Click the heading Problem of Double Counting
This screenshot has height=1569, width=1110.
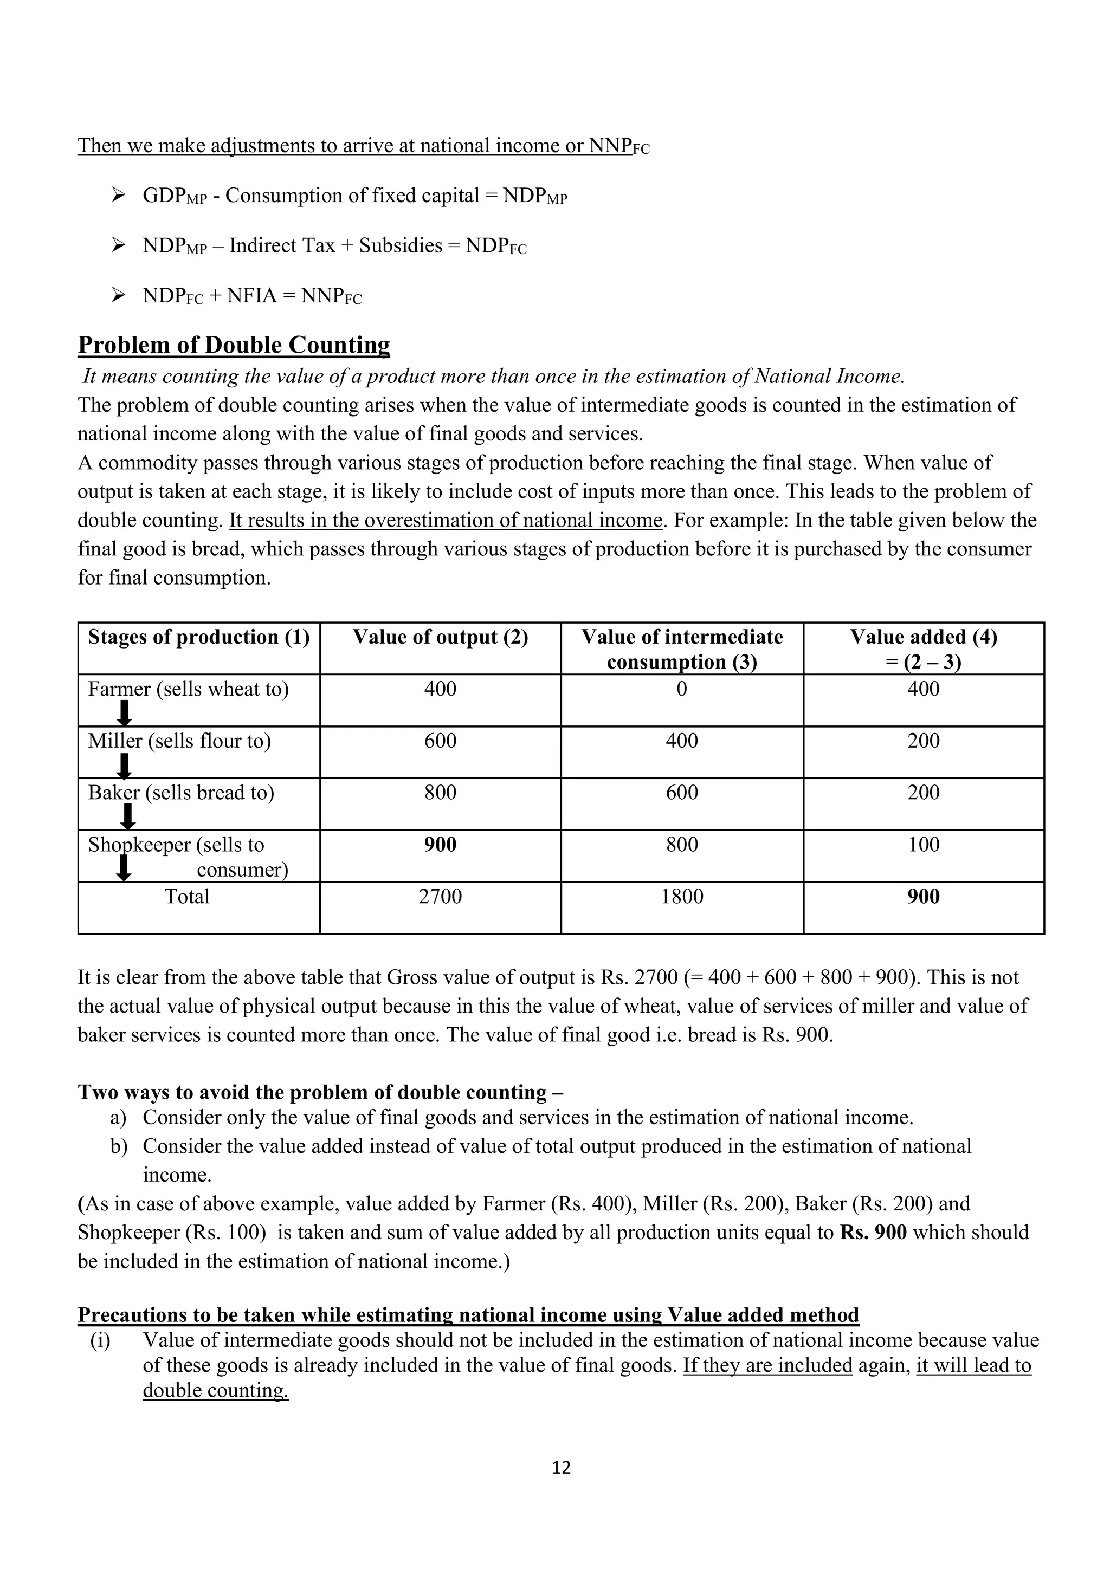[234, 345]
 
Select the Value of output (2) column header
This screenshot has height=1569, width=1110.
[440, 637]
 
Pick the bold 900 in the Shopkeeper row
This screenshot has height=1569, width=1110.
[440, 845]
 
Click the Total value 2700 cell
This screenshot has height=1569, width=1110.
[440, 897]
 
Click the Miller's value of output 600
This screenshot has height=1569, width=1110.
[440, 741]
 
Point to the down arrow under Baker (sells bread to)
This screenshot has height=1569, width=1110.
[128, 816]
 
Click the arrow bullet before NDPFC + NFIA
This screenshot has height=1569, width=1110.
[118, 295]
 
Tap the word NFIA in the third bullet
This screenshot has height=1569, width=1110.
[251, 296]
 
